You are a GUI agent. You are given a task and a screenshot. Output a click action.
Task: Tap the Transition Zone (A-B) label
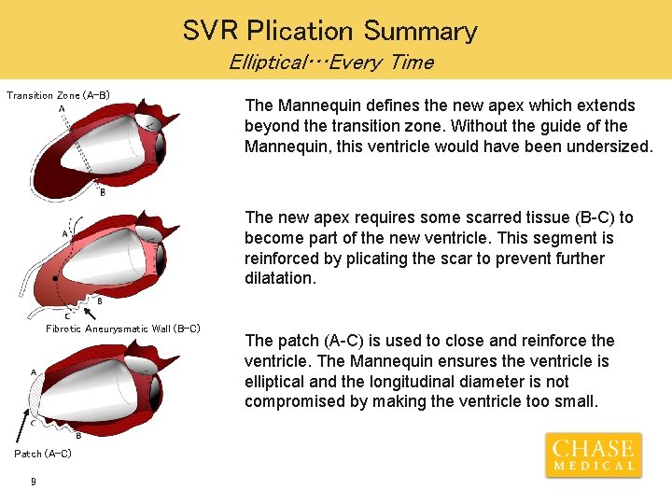pos(58,95)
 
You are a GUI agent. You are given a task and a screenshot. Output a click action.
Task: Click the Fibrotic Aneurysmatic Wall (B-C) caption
pos(123,329)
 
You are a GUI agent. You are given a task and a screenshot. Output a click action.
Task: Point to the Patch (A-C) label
pos(42,454)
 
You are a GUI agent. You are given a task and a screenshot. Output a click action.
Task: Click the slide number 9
pos(33,482)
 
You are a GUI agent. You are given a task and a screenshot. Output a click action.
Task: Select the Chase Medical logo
pos(594,455)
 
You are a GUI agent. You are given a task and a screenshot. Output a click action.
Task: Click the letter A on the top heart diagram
pos(62,109)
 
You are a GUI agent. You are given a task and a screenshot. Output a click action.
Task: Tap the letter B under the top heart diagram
pos(102,192)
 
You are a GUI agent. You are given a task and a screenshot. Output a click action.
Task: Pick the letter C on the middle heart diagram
pos(67,315)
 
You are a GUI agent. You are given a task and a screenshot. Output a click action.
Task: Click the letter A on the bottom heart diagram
pos(34,371)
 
